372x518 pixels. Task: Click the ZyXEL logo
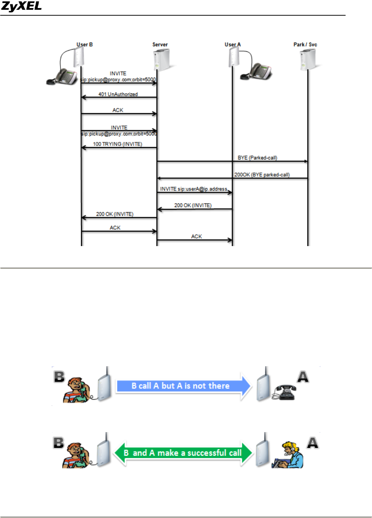(21, 6)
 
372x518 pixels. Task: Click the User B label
(84, 44)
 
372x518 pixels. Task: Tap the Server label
(160, 44)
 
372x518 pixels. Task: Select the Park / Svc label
(305, 44)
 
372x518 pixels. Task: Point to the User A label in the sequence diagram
(233, 44)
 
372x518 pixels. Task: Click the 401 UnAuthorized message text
(118, 94)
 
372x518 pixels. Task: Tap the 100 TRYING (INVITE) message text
(118, 144)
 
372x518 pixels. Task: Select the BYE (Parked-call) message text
(257, 158)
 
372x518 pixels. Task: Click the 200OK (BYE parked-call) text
(262, 175)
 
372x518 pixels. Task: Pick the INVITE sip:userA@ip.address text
(194, 189)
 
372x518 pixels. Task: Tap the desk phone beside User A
(257, 71)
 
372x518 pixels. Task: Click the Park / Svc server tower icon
(307, 60)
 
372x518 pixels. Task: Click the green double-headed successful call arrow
(183, 453)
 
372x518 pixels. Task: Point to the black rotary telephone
(285, 392)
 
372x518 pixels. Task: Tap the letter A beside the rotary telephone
(303, 376)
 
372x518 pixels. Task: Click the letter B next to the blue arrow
(59, 376)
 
